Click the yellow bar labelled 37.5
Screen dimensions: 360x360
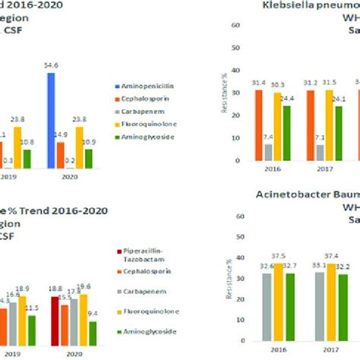click(x=278, y=291)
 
